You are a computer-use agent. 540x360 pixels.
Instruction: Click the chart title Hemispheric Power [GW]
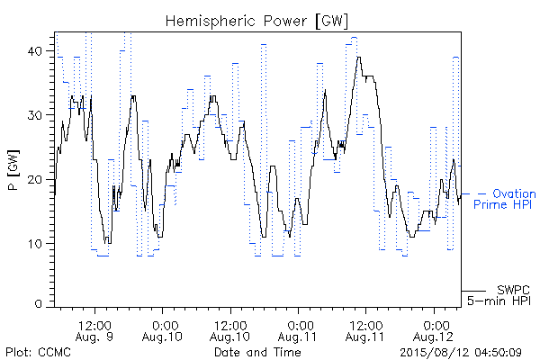256,22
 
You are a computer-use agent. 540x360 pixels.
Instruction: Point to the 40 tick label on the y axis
34,51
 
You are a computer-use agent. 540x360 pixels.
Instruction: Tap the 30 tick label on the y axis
34,115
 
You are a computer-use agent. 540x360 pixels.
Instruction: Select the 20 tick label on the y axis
34,179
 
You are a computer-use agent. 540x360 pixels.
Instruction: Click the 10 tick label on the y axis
35,244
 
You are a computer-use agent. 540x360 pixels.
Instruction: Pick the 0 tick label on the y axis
38,304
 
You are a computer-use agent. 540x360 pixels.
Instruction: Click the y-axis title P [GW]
13,170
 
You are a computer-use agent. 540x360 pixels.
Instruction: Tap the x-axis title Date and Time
257,352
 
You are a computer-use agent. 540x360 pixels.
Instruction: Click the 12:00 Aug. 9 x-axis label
94,330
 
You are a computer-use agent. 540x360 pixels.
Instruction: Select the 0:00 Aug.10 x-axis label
162,330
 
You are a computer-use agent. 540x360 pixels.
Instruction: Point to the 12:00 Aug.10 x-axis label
230,330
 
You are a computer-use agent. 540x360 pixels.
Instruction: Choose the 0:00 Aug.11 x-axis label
298,330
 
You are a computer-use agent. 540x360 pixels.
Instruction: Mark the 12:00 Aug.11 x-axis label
365,330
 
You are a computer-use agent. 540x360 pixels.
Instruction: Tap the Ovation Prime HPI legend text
505,199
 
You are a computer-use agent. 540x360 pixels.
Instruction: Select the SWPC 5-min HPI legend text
499,295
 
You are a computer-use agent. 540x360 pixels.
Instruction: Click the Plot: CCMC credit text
38,352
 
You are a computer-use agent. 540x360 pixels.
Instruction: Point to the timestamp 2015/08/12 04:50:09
461,352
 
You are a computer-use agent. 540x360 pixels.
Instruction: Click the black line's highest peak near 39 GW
359,58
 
